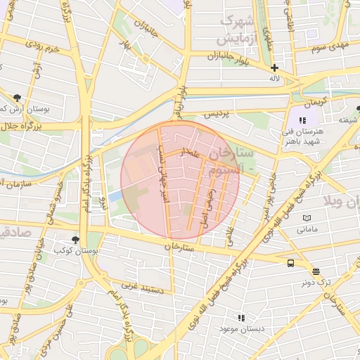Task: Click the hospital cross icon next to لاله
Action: (x=274, y=67)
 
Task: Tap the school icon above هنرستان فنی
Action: (x=302, y=120)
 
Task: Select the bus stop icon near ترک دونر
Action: (x=290, y=263)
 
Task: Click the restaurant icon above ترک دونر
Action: (x=316, y=271)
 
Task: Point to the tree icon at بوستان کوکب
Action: (x=76, y=240)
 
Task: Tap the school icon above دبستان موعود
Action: (x=241, y=318)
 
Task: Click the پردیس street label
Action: (x=217, y=113)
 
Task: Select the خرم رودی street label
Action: (x=41, y=50)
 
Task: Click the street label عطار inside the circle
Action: (x=191, y=152)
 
